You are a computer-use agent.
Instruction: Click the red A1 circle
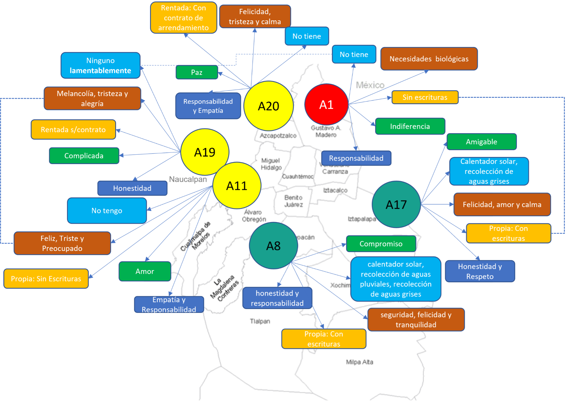pos(326,104)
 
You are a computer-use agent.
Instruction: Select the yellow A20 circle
pos(268,106)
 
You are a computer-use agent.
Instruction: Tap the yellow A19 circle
pos(205,152)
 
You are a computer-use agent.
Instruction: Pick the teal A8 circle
pos(273,246)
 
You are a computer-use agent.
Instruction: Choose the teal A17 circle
pos(396,204)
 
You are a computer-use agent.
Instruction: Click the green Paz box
pos(197,72)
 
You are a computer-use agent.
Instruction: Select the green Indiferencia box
pos(410,126)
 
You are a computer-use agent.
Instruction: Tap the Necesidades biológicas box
pos(429,59)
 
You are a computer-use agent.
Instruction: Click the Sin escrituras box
pos(425,97)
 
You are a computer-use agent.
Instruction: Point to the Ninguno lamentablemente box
pos(100,65)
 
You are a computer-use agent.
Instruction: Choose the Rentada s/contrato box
pos(73,130)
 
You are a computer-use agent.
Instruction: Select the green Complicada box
pos(84,156)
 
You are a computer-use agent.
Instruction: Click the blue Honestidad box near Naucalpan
pos(132,188)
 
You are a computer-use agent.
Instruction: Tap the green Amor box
pos(145,271)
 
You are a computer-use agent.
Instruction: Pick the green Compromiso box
pos(381,244)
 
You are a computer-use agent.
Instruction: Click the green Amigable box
pos(482,142)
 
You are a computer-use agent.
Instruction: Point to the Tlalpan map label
pos(260,321)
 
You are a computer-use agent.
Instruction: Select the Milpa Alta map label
pos(359,362)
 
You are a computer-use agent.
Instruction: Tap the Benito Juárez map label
pos(293,201)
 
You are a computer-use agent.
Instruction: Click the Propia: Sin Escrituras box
pos(46,279)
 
